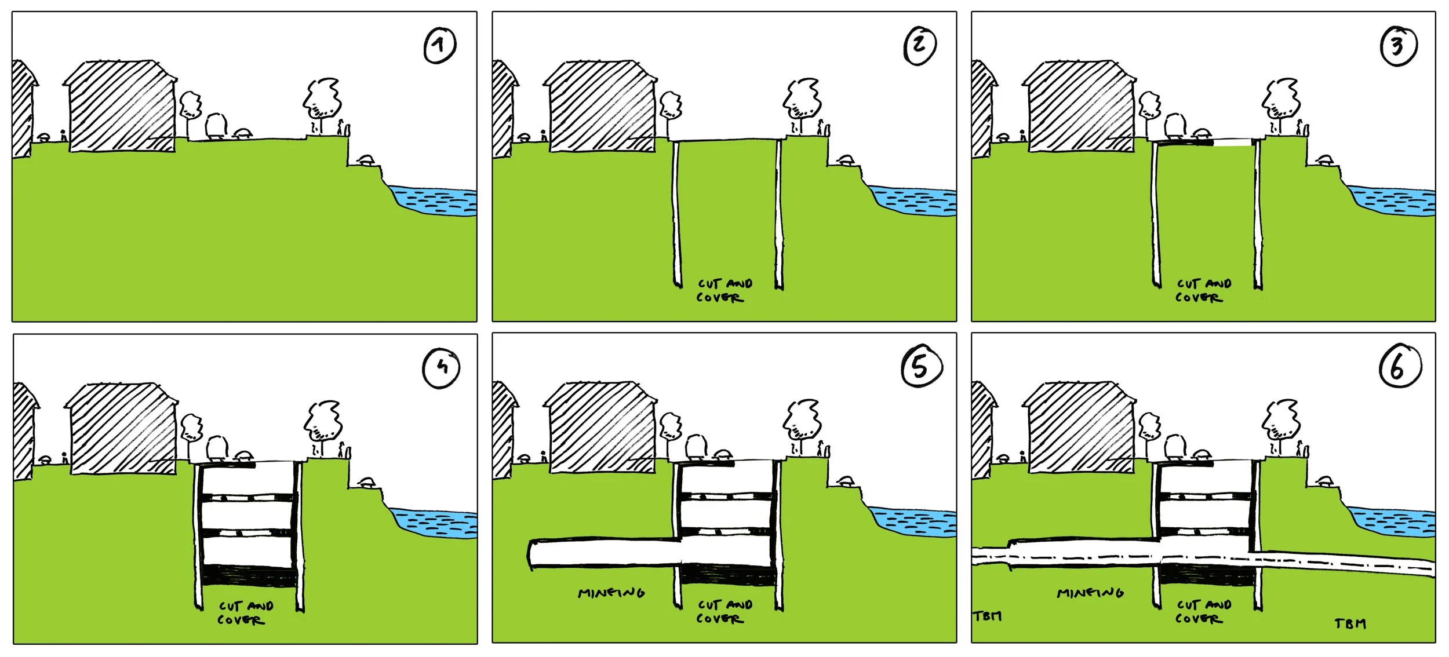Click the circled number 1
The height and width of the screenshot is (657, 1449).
[x=440, y=45]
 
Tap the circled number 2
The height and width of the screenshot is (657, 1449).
[x=919, y=45]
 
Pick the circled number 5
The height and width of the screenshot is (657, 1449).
[x=921, y=367]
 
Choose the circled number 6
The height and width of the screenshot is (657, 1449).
[x=1399, y=367]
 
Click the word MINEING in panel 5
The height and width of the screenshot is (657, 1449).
[x=611, y=593]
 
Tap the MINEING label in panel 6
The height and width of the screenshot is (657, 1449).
[x=1090, y=593]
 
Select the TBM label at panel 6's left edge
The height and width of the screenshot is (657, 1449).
[x=987, y=616]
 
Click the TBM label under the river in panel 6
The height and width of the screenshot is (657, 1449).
[x=1350, y=624]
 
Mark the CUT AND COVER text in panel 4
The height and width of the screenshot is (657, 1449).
[x=244, y=613]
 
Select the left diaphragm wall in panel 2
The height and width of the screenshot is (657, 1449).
[x=676, y=214]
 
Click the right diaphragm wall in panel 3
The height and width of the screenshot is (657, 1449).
[x=1258, y=214]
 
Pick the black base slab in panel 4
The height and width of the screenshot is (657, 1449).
[x=248, y=575]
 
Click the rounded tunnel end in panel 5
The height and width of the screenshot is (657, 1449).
[x=532, y=555]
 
